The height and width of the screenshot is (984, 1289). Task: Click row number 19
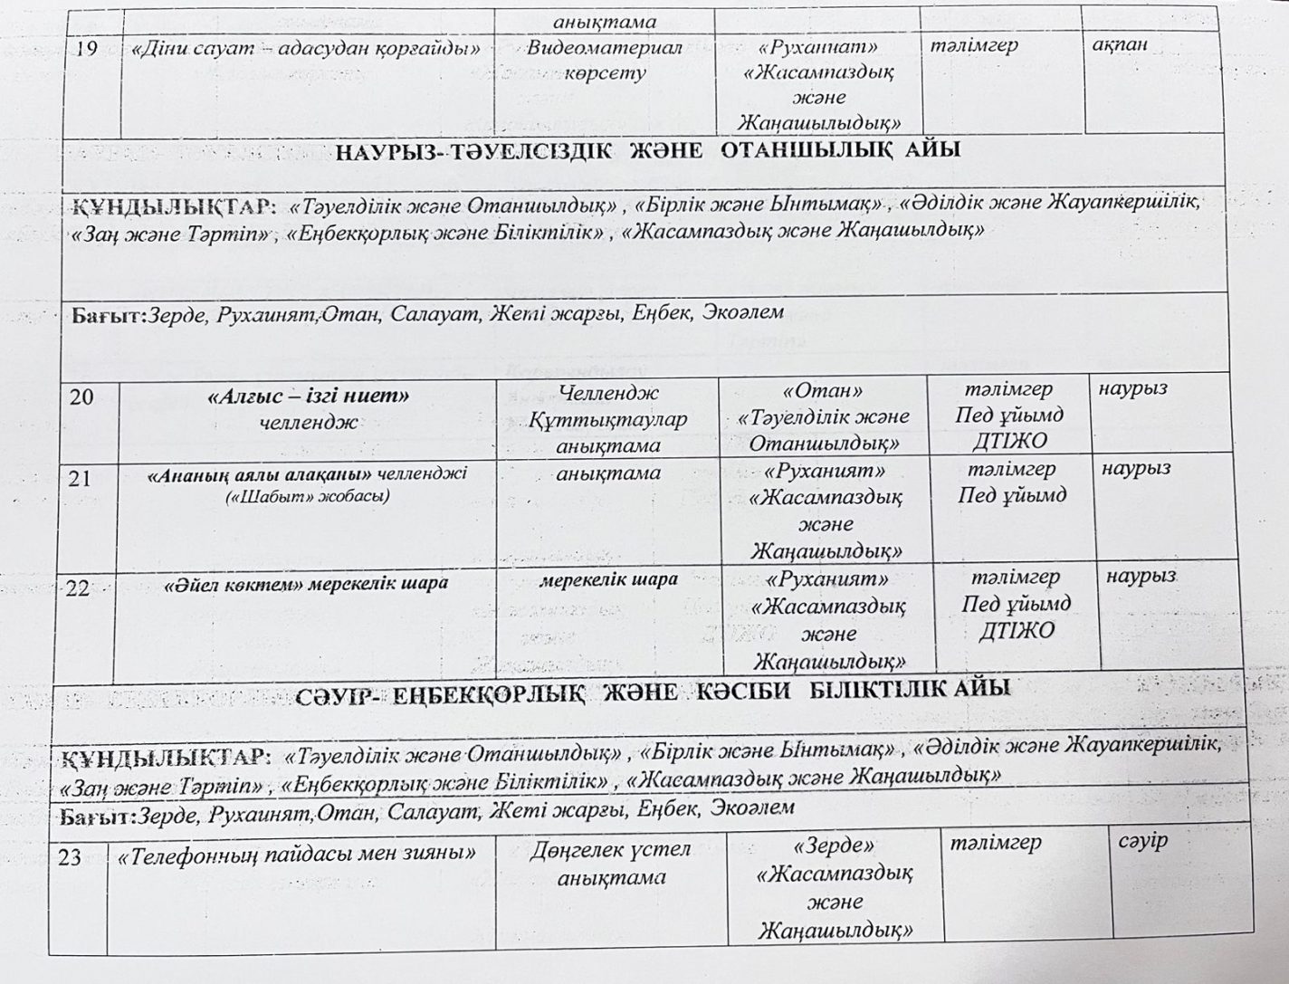(87, 48)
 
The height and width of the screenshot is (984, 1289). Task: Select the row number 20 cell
(81, 396)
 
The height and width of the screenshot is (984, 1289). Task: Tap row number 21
(80, 478)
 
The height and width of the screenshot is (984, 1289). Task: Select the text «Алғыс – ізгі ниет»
(309, 396)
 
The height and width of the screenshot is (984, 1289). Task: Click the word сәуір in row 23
(1143, 840)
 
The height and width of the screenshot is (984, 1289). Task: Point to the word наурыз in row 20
(1132, 388)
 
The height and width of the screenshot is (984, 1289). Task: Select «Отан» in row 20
(823, 391)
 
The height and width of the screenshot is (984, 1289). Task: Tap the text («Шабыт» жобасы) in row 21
(307, 495)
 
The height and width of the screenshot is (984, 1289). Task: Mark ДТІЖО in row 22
(1017, 630)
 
